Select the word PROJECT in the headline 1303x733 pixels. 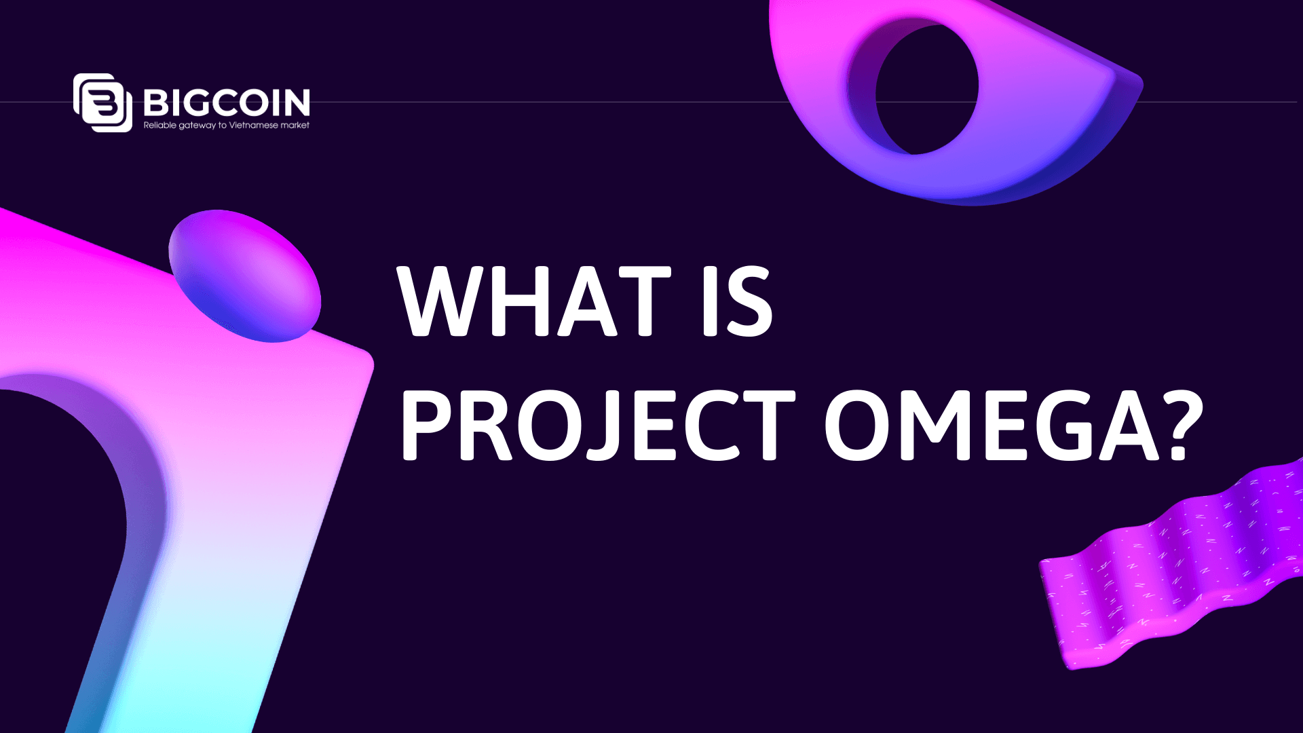click(x=597, y=426)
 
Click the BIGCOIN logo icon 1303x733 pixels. click(x=102, y=102)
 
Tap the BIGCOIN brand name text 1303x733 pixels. click(x=227, y=102)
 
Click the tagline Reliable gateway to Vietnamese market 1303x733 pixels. click(x=227, y=126)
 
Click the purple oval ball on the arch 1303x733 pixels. click(x=244, y=275)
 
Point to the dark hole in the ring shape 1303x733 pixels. click(x=926, y=88)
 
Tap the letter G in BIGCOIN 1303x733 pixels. click(x=200, y=102)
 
